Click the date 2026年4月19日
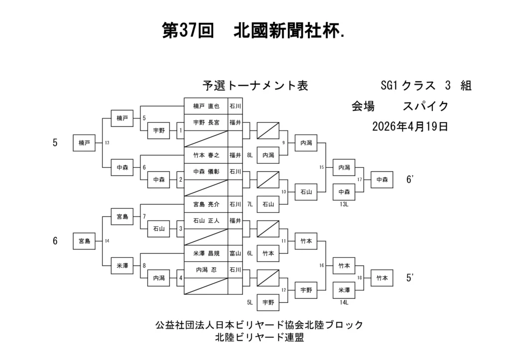coord(410,126)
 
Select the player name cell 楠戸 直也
coord(206,106)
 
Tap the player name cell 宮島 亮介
coord(206,204)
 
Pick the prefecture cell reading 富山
coord(235,253)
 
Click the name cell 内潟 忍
coord(206,269)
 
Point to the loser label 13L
coord(344,204)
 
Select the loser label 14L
coord(344,302)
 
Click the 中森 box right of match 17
coord(382,179)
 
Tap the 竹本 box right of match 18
coord(382,277)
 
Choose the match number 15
coord(322,167)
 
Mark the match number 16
coord(322,265)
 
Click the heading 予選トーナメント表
coord(255,86)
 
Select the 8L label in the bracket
coord(250,155)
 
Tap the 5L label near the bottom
coord(250,302)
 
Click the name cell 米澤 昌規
coord(206,253)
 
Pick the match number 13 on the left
coord(107,143)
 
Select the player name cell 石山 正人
coord(206,220)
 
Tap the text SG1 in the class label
coord(388,86)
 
